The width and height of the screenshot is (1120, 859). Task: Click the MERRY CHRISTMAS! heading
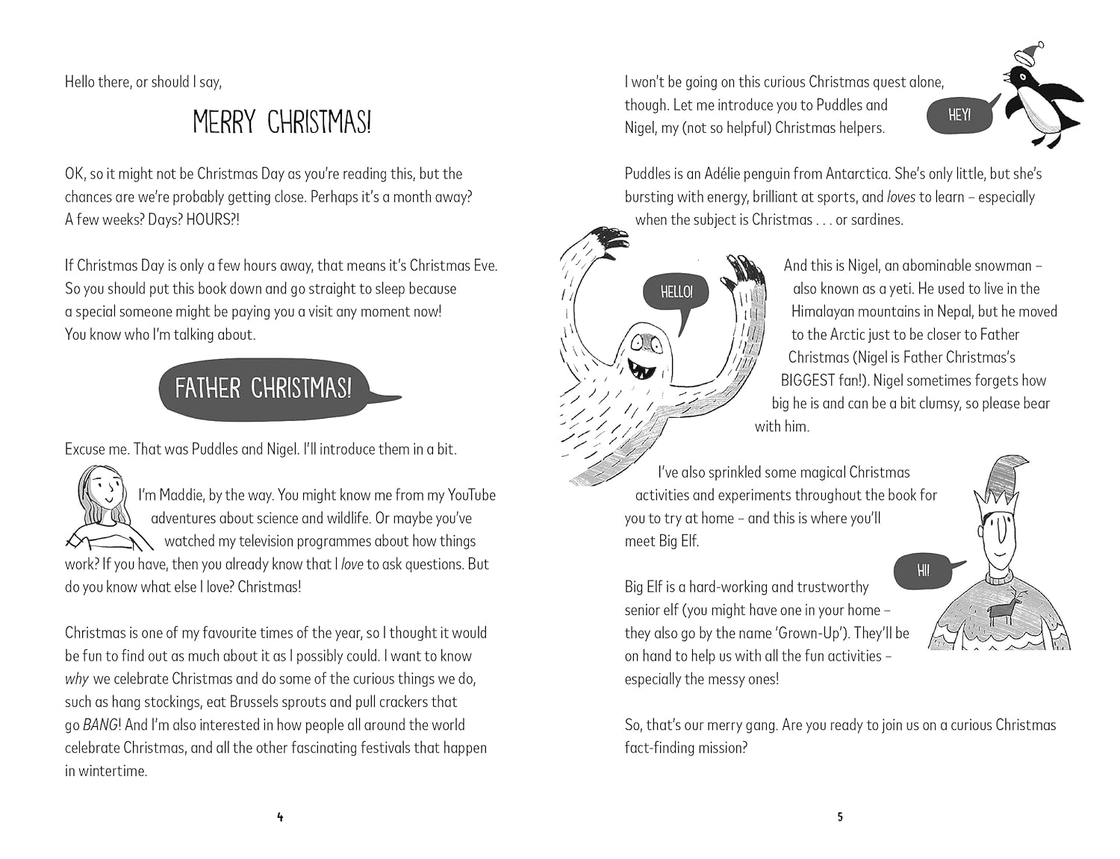pos(281,122)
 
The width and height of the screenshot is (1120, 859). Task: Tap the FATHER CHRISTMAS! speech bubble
pos(263,389)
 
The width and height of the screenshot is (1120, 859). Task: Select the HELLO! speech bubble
pos(676,292)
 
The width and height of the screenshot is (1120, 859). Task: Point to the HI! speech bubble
pos(923,571)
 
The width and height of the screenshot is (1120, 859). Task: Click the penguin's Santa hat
pos(1028,53)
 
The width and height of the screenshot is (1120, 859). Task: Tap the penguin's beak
pos(1007,75)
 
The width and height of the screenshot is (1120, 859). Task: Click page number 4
pos(280,817)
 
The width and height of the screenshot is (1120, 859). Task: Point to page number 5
pos(840,817)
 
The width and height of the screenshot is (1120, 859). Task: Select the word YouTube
pos(471,496)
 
